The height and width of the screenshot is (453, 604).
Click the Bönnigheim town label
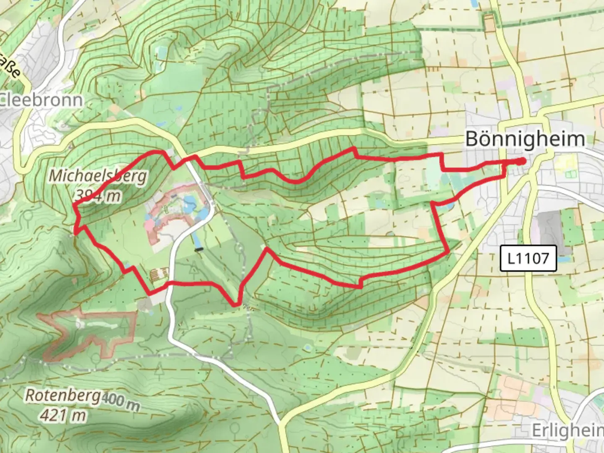pos(525,139)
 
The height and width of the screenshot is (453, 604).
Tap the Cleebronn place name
pos(41,100)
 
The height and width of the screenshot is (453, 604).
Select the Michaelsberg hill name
pos(98,175)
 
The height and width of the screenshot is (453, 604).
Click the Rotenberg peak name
pos(63,395)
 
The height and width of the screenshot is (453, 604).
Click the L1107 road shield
pos(528,258)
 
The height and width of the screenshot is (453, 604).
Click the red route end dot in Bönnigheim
pos(521,161)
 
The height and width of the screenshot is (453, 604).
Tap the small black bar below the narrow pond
pos(198,250)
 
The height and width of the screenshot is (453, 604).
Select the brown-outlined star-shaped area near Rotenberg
pos(90,333)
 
